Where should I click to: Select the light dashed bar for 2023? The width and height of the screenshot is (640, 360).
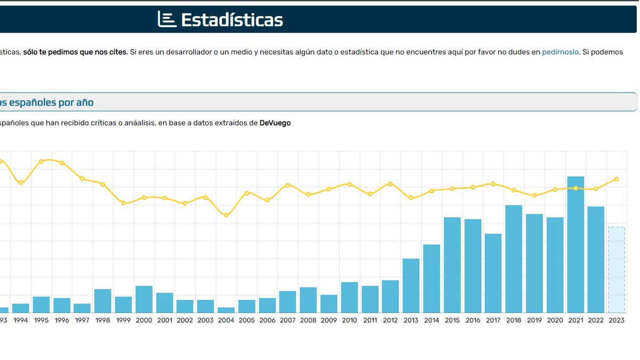[617, 270]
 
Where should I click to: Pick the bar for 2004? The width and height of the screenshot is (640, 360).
[226, 310]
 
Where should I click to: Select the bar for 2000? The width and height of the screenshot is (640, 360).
[144, 299]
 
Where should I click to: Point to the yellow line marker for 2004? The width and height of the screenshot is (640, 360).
[226, 215]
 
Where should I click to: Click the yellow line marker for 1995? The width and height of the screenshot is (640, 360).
[41, 161]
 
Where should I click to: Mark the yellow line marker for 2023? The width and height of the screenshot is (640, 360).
[617, 179]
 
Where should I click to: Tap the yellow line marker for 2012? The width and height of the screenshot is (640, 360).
[390, 184]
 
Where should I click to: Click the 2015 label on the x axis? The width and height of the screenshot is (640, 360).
[452, 321]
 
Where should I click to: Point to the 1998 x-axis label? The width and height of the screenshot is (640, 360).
[102, 321]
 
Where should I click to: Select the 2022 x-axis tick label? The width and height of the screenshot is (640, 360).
[596, 321]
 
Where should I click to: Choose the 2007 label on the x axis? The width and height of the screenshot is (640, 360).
[287, 321]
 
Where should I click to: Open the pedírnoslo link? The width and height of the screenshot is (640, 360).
[560, 52]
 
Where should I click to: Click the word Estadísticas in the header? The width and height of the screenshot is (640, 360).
[231, 20]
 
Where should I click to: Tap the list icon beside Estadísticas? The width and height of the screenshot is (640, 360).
[166, 19]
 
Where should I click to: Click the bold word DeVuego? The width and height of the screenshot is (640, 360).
[275, 123]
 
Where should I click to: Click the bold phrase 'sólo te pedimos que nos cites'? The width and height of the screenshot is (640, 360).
[75, 52]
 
